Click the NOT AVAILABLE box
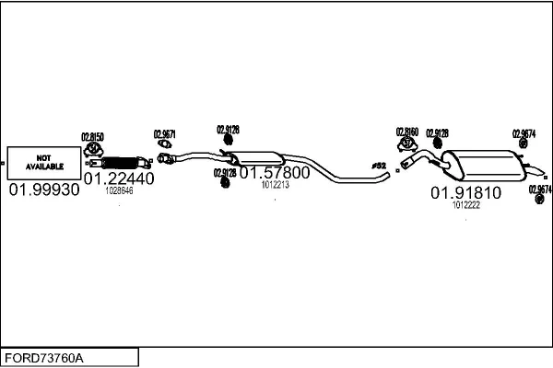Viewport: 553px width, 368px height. click(x=43, y=162)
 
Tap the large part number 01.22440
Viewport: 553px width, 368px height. click(x=119, y=179)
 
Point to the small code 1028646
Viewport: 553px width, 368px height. click(x=119, y=191)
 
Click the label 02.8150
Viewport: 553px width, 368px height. click(x=93, y=136)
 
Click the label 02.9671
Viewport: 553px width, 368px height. click(x=164, y=133)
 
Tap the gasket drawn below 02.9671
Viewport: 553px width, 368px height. click(x=164, y=144)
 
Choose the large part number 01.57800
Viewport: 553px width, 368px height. click(x=275, y=172)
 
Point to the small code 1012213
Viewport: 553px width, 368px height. click(x=275, y=185)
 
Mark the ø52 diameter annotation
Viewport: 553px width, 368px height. click(x=377, y=166)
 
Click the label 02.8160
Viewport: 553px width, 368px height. click(x=407, y=132)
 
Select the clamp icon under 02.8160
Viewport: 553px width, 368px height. click(x=407, y=144)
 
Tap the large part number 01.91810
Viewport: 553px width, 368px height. click(x=465, y=193)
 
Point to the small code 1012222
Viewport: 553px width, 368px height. click(x=465, y=205)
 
